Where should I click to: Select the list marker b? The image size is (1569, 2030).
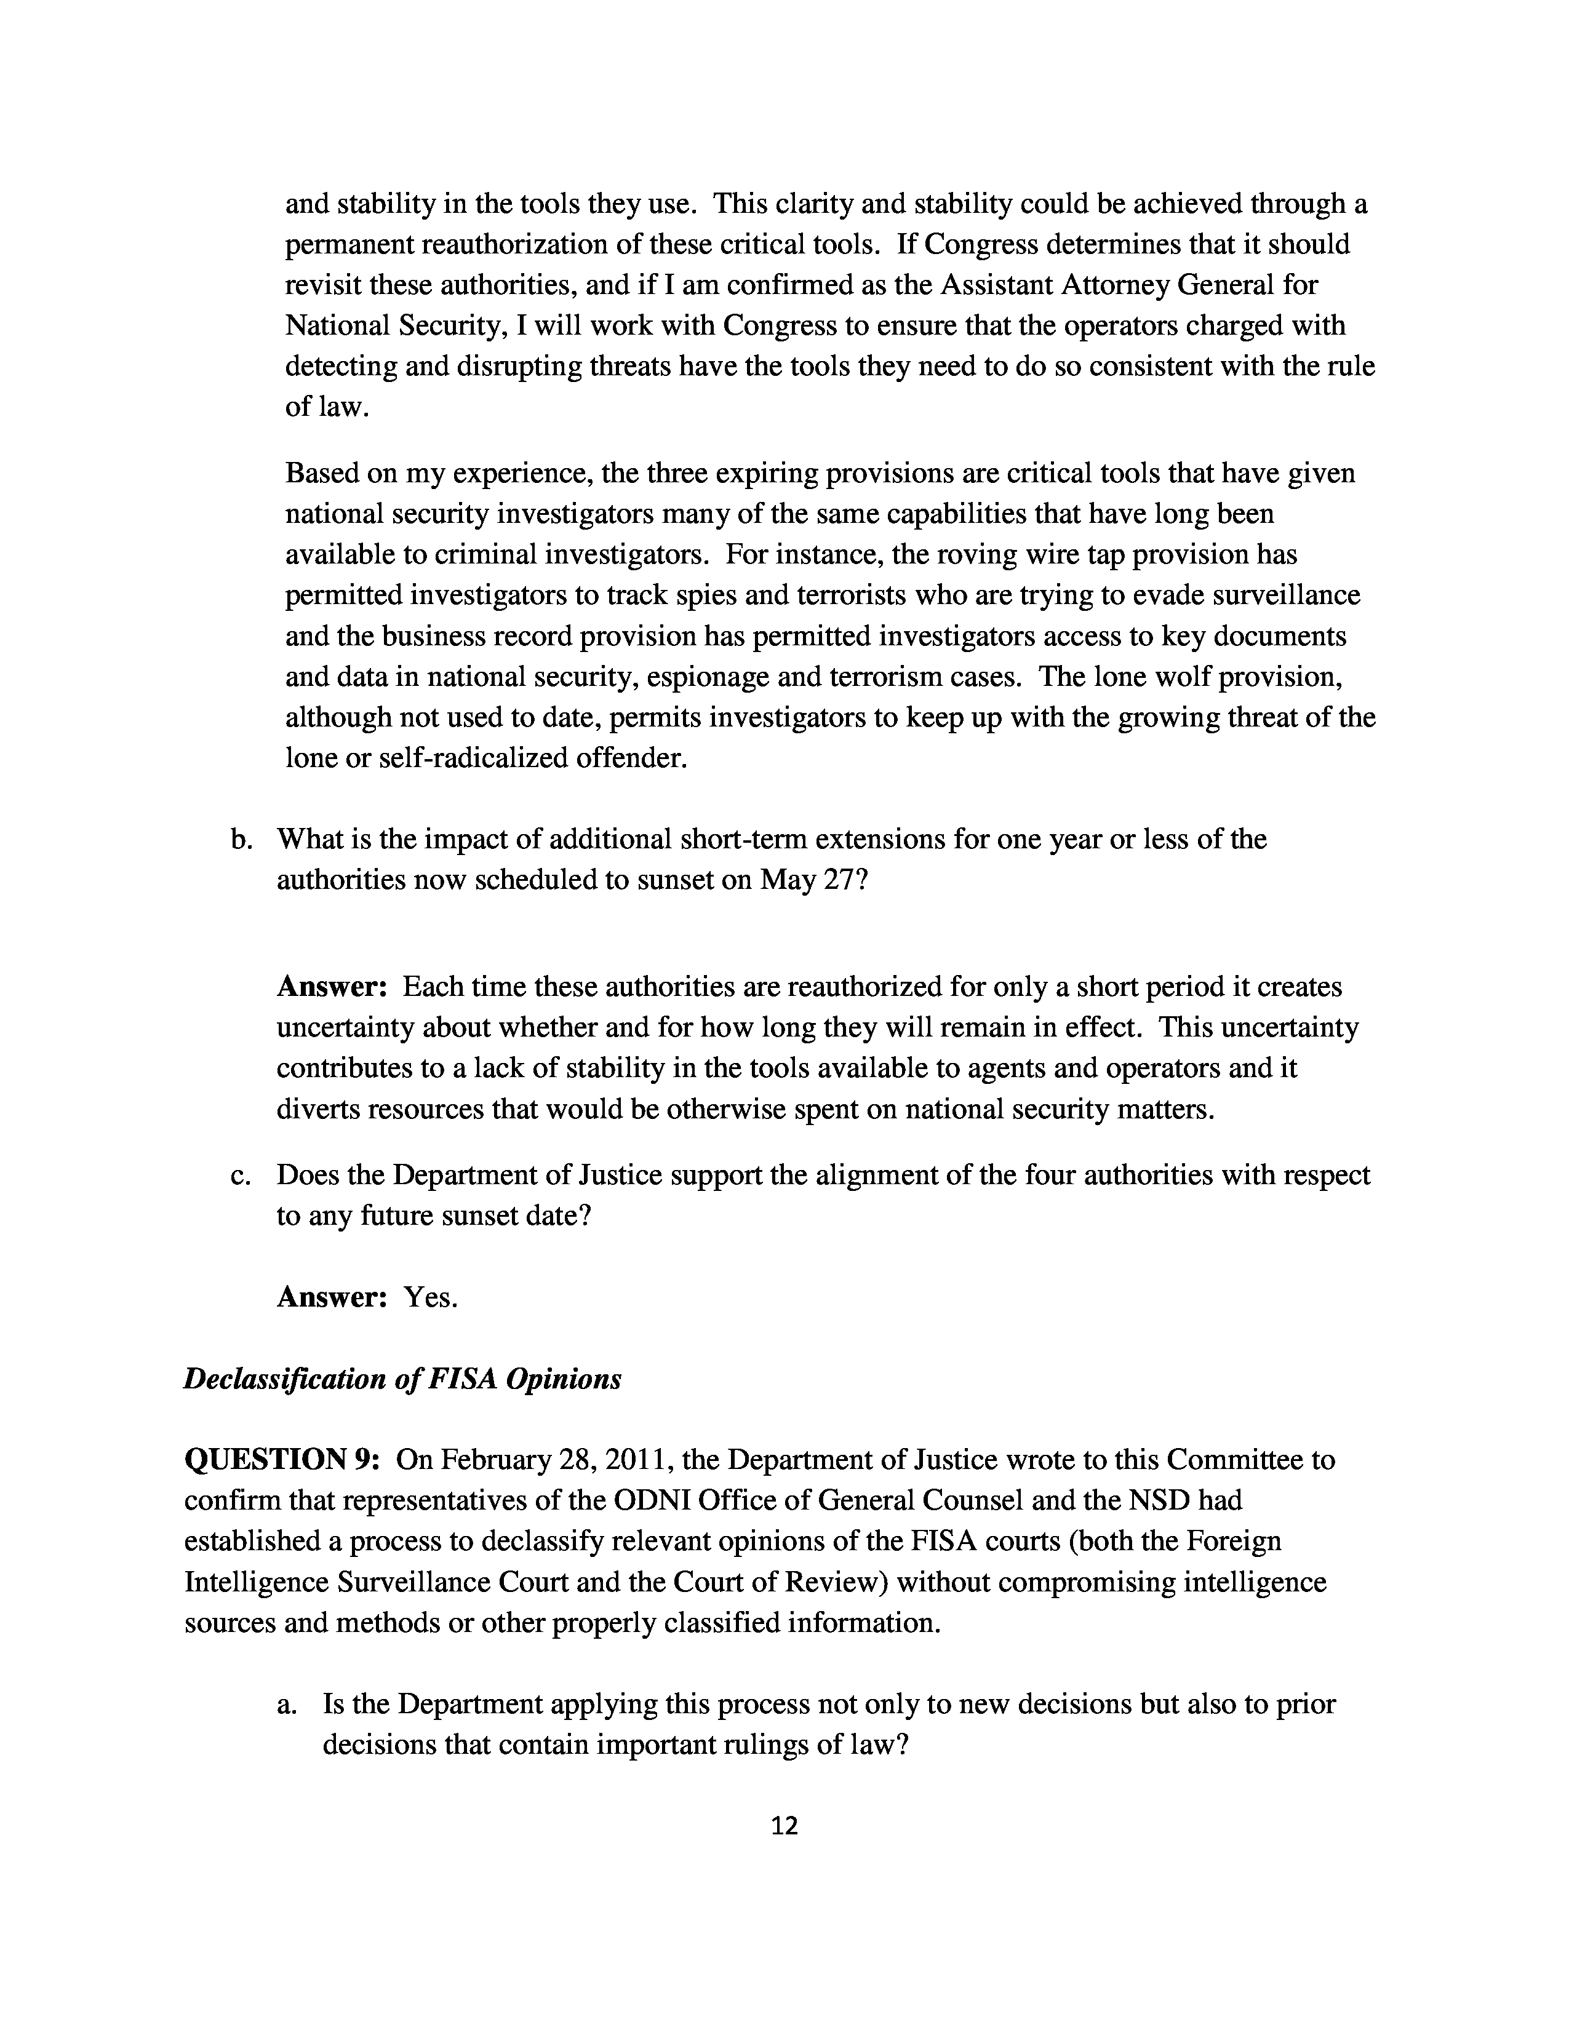coord(242,838)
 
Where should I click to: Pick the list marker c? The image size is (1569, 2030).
coord(242,1175)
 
